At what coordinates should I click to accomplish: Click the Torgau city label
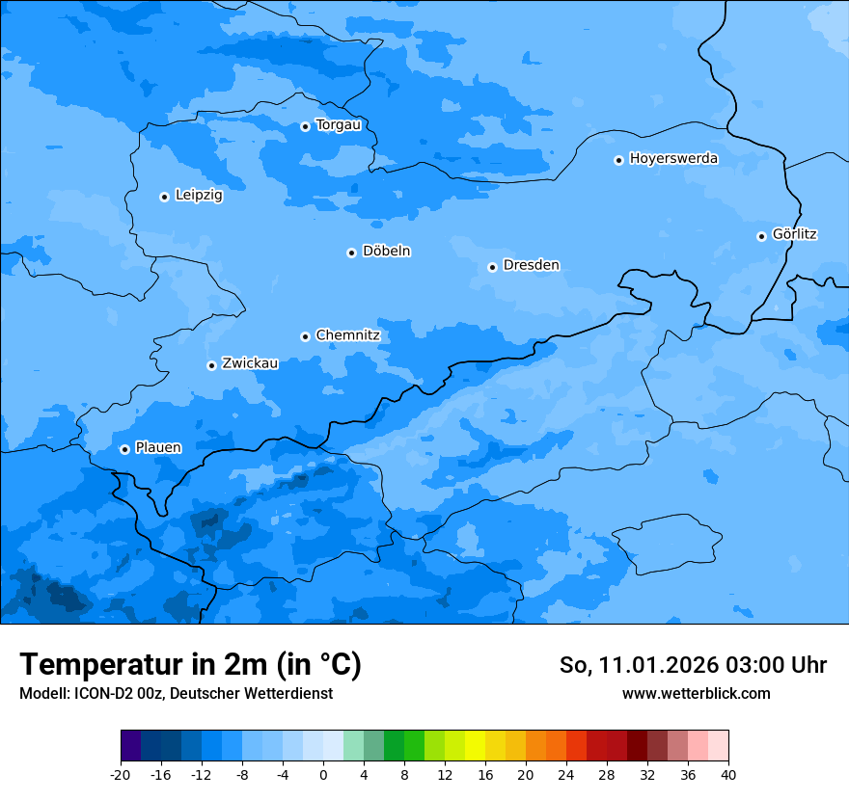point(338,125)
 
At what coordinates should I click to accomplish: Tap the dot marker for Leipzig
point(164,197)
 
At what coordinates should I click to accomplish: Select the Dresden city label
point(531,265)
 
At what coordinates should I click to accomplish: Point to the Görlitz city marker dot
point(761,236)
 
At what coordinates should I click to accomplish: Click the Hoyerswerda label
point(673,159)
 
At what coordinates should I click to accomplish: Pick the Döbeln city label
point(386,252)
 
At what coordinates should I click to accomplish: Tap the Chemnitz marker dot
point(305,336)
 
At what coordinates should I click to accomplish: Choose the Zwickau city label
point(250,364)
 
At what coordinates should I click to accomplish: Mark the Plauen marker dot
point(124,449)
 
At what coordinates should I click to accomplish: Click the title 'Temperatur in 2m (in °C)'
point(190,665)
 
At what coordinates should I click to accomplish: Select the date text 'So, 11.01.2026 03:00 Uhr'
point(693,665)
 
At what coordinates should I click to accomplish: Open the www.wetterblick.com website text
point(696,693)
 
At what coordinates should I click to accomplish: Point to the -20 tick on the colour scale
point(121,775)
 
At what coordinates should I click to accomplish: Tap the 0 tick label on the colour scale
point(323,775)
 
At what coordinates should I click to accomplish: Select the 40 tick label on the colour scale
point(728,775)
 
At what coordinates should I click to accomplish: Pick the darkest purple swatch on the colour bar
point(130,746)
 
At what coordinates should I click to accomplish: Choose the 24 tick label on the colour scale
point(566,775)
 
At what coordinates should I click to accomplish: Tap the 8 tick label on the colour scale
point(404,775)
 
